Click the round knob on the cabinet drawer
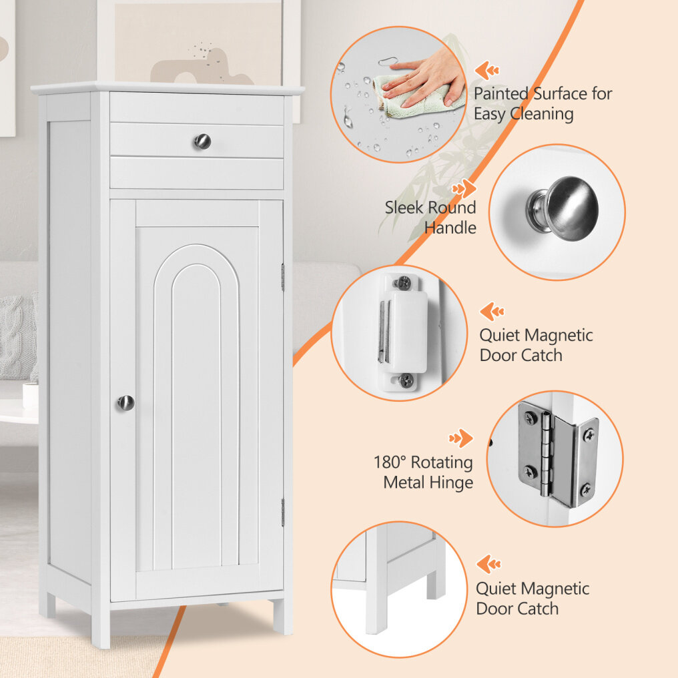[202, 141]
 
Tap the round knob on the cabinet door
[125, 403]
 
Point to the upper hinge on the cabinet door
[283, 277]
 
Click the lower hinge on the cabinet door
[283, 513]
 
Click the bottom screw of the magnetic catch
[406, 380]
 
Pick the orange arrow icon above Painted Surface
[487, 70]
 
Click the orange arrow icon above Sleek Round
[464, 189]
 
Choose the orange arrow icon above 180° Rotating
[461, 438]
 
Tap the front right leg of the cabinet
[282, 616]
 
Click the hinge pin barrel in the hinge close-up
[547, 454]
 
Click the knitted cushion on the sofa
[18, 336]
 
